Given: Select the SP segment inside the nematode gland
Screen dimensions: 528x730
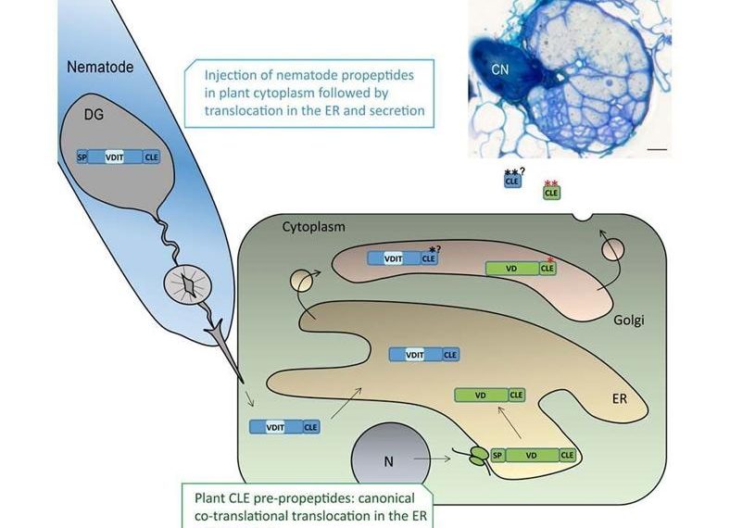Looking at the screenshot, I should coord(82,157).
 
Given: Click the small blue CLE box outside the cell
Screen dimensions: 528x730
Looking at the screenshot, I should coord(511,182).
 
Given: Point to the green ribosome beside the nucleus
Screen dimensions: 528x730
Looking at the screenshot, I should coord(479,456).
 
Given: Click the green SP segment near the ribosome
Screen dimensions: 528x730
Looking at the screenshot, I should coord(497,456).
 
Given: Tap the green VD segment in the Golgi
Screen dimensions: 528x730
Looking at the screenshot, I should coord(512,269).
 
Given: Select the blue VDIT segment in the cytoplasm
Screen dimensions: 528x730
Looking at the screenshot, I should coord(275,427).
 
